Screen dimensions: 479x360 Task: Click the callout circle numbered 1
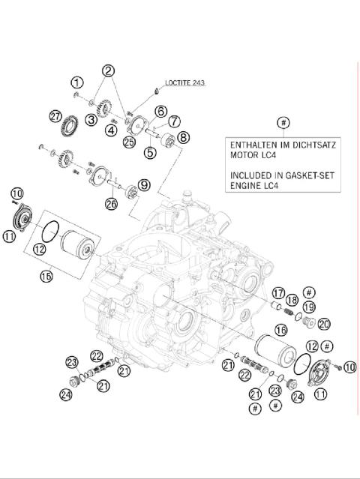76,82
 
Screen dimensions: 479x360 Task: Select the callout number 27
54,116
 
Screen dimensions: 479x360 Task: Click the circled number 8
183,137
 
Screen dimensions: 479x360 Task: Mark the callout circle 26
112,202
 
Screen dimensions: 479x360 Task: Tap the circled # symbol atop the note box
283,122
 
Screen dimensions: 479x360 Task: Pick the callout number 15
47,277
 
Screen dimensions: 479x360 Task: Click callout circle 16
281,329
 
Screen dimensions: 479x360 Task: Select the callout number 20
324,324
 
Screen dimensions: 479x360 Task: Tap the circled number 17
278,292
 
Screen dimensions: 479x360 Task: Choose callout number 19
309,307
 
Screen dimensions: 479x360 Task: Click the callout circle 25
128,142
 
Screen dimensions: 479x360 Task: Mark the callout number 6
160,111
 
